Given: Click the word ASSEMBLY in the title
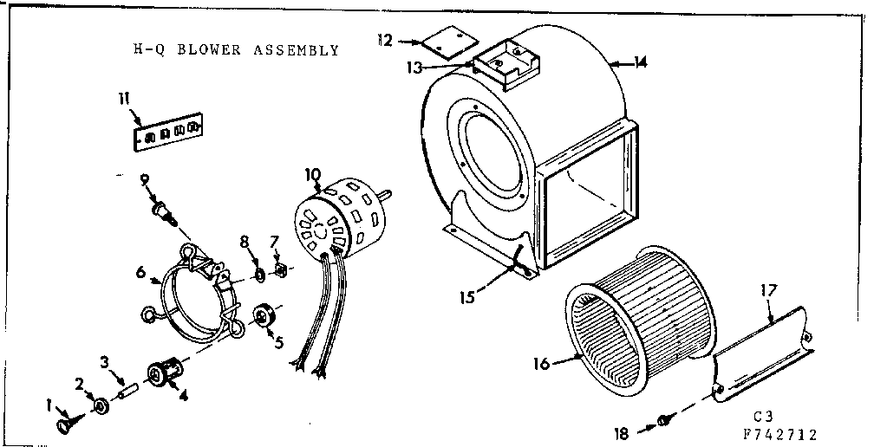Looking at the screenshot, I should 296,50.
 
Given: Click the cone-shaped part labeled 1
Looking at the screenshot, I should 66,424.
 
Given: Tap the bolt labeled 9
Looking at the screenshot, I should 162,211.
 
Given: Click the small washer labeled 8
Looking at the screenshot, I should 259,276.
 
